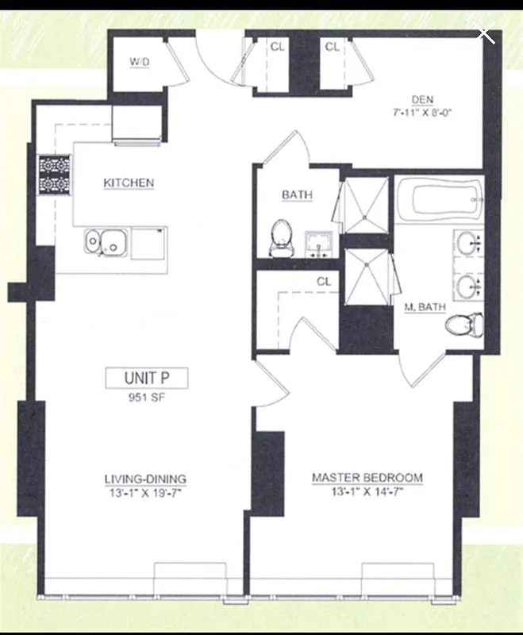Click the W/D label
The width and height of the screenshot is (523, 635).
point(140,61)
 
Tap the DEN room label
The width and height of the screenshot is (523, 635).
point(422,99)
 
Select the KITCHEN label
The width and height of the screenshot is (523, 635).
point(129,183)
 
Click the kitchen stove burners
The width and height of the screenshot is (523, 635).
point(55,174)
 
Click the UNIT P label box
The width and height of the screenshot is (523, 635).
point(147,378)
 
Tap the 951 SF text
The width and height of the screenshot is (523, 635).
point(147,398)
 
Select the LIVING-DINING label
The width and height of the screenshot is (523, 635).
point(146,479)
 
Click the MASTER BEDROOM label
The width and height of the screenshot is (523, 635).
point(367,478)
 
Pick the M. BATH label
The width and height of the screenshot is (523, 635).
point(425,307)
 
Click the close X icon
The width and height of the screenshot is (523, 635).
point(485,35)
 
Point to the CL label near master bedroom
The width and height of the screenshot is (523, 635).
point(323,282)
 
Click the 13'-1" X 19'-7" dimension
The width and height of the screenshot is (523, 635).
point(146,492)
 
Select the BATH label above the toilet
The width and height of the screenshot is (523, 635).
point(297,194)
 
